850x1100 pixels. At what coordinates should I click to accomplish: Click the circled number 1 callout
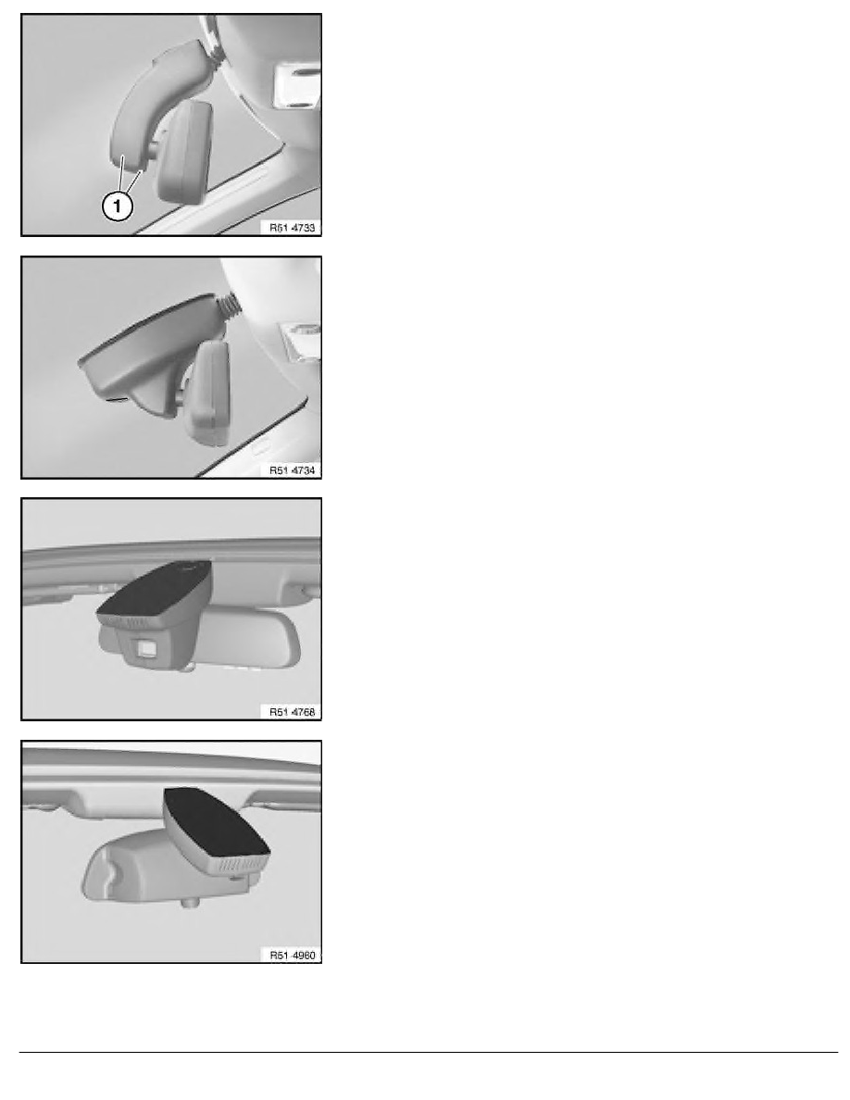click(114, 206)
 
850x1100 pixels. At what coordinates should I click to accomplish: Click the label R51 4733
click(289, 224)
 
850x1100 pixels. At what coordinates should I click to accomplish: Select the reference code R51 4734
click(289, 469)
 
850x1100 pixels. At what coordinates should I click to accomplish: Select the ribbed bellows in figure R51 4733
click(212, 56)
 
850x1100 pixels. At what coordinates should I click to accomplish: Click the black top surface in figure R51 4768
click(153, 593)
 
